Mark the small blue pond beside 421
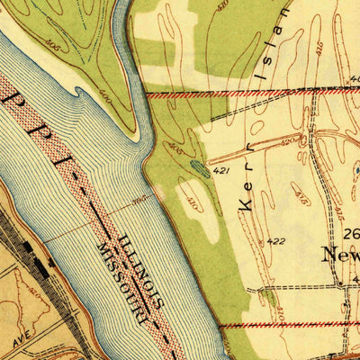click(x=200, y=167)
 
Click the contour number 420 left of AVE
click(x=36, y=293)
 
